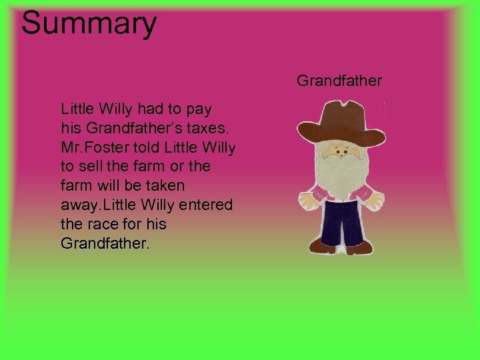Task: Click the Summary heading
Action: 89,23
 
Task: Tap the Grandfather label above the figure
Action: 339,81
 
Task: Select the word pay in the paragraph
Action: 198,107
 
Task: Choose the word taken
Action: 163,185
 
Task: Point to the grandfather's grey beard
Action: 341,173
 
